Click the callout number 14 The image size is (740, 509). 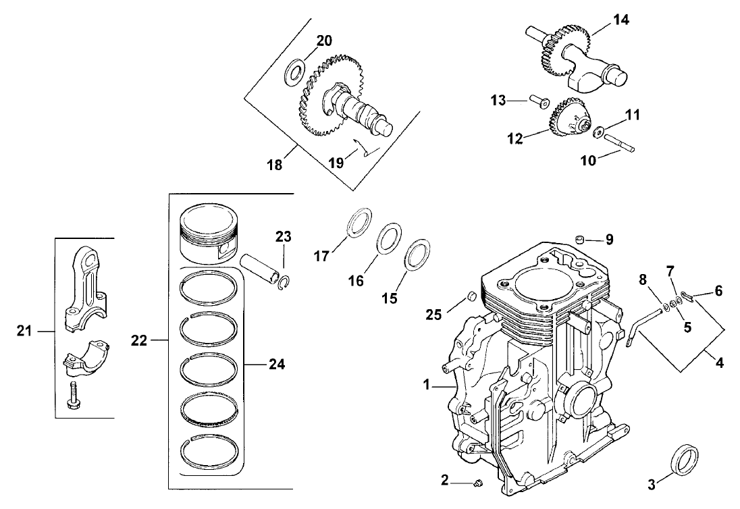tap(621, 20)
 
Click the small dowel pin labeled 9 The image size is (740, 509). tap(579, 238)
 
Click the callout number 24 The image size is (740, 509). tap(275, 365)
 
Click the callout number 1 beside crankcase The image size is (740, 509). tap(426, 385)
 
